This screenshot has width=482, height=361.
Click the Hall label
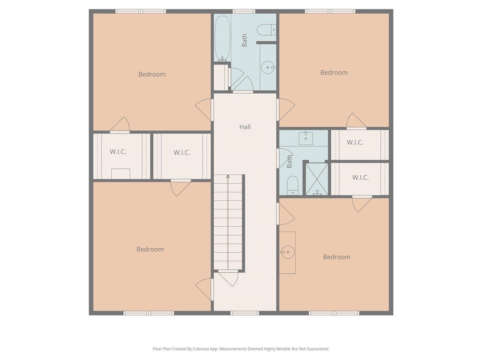tap(245, 127)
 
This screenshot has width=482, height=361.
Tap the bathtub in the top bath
tap(222, 38)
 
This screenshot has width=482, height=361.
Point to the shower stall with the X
tap(317, 179)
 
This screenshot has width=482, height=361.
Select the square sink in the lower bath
tap(306, 138)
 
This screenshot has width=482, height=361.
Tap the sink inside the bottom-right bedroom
tap(287, 252)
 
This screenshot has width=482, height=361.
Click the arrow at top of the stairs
tap(228, 176)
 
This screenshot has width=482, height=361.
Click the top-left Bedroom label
tap(152, 74)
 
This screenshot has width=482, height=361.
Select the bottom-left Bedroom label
tap(150, 249)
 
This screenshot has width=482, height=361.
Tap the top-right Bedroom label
tap(334, 73)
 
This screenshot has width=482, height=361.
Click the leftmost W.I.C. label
tap(118, 152)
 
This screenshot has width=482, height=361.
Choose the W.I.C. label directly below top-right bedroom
tap(355, 142)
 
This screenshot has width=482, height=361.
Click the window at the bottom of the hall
tap(245, 313)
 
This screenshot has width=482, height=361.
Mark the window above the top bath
tap(244, 11)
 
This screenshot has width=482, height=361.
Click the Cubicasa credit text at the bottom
tap(241, 349)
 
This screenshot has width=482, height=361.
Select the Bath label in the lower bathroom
tap(290, 162)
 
